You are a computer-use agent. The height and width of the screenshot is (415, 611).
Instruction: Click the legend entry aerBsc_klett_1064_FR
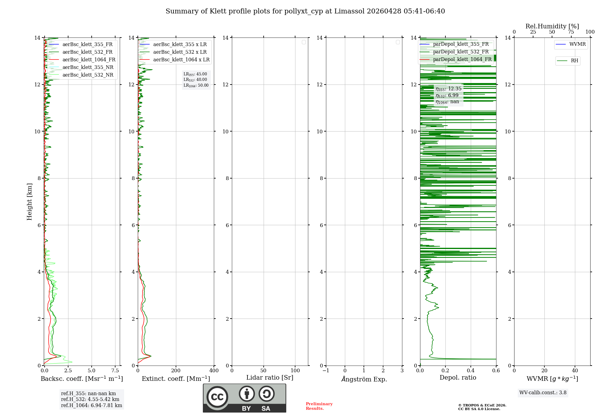pos(89,60)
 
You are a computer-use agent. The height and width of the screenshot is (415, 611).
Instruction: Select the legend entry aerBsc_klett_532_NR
pos(88,75)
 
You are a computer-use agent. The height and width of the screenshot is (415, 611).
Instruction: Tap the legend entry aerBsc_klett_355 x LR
pos(180,45)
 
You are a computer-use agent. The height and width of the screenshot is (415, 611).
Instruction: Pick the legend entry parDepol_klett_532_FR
pos(460,52)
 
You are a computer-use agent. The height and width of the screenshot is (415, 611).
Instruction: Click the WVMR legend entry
pos(577,44)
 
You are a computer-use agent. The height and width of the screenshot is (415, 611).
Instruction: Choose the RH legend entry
pos(574,61)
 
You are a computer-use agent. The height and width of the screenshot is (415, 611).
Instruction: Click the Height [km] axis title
pos(29,202)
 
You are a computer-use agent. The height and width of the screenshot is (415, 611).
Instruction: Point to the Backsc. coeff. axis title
pos(82,379)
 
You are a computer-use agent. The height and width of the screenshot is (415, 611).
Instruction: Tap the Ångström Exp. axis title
pos(364,379)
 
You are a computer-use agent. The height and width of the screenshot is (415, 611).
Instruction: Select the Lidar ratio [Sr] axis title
pos(270,378)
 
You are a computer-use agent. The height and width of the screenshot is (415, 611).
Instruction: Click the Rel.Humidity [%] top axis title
pos(552,26)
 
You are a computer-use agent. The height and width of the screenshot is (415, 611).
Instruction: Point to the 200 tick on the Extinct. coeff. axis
pos(176,371)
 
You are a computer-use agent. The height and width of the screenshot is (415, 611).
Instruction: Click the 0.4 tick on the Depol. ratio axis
pos(471,371)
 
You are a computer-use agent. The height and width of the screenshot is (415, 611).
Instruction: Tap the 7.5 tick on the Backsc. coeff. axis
pos(115,371)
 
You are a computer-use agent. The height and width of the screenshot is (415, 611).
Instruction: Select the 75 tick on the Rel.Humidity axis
pos(571,32)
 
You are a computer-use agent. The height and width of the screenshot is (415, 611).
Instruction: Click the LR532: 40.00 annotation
pos(195,80)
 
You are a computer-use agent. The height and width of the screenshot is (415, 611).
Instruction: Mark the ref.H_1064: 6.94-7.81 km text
pos(91,406)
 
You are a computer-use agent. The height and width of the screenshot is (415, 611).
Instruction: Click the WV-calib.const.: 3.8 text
pos(543,393)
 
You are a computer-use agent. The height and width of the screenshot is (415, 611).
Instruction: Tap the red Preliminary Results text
pos(319,406)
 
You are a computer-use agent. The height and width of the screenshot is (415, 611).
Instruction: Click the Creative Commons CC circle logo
pos(217,397)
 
